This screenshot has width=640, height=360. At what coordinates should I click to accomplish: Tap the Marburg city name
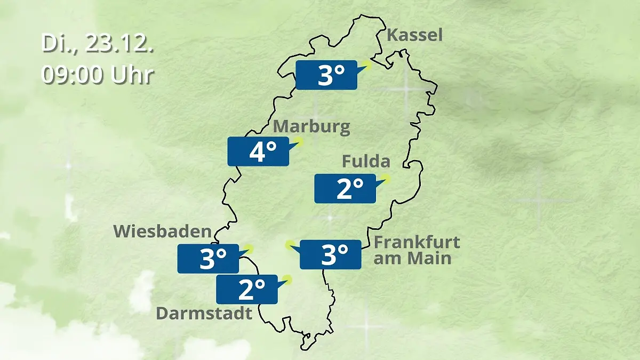coord(312,127)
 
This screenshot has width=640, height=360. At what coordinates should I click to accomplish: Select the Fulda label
coord(366,161)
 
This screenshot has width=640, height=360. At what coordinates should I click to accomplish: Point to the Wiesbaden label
coord(163,231)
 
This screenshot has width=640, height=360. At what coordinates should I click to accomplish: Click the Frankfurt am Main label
coord(417,250)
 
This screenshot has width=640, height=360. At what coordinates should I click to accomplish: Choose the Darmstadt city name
coord(204,313)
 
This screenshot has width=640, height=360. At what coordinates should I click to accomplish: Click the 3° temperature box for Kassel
coord(326,75)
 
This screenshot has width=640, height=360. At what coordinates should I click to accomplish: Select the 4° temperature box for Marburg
coord(258,152)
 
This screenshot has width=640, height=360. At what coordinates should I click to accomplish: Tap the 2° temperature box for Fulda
coord(345,189)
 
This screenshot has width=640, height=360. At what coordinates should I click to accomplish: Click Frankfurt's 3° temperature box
coord(330,254)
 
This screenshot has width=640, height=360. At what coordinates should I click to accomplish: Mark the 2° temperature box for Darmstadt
coord(246,290)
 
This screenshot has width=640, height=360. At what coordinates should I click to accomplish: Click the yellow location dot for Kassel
coord(366,65)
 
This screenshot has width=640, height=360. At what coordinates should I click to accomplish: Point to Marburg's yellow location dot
coord(299,141)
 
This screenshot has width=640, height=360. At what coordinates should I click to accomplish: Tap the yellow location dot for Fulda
coord(386,179)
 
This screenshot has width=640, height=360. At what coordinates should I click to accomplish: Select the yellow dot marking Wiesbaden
coord(249,249)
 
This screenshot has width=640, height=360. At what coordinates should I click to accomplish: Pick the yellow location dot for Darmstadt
coord(288,279)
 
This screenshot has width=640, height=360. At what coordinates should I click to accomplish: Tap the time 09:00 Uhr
coord(98,75)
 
